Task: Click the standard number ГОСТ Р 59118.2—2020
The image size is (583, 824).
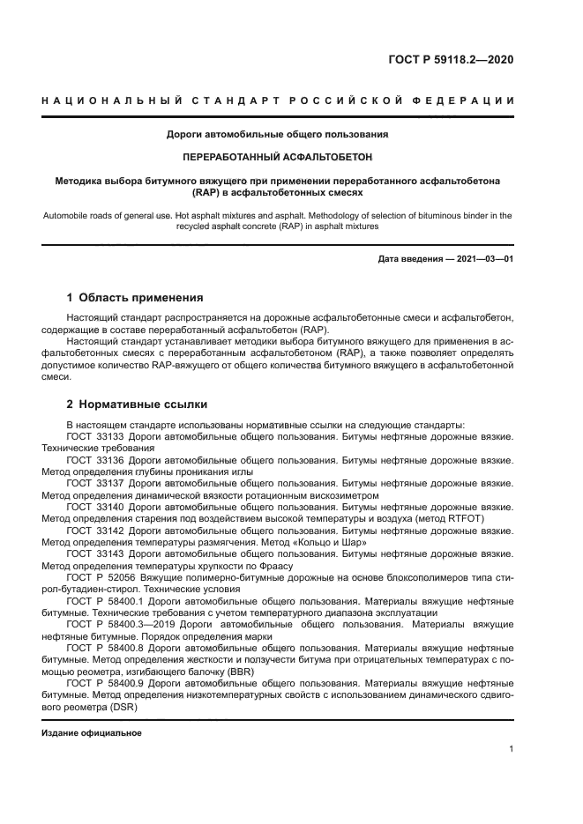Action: pos(451,60)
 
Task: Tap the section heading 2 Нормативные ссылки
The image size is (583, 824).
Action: pos(138,405)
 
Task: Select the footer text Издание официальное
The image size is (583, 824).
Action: pos(92,732)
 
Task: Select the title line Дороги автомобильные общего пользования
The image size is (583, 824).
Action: pos(278,135)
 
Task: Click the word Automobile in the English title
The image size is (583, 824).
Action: pos(67,214)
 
